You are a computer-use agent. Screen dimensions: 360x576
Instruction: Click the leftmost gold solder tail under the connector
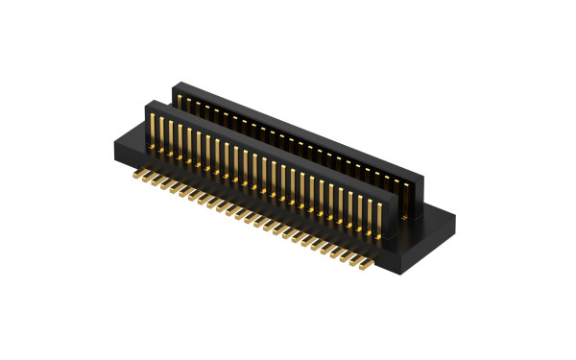(x=136, y=175)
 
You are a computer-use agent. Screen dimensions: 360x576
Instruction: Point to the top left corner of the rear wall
(x=174, y=85)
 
